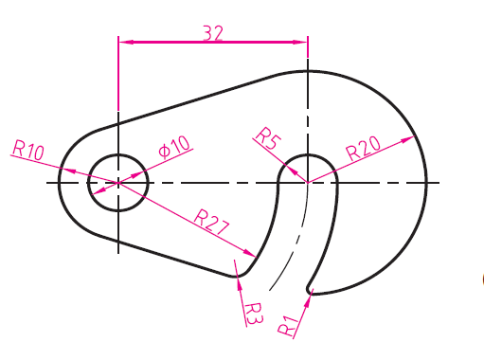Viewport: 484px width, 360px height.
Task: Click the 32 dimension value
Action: tap(213, 33)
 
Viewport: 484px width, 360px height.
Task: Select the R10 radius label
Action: tap(28, 151)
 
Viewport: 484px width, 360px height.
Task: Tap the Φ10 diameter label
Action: tap(174, 147)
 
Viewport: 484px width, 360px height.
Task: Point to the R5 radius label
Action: tap(268, 138)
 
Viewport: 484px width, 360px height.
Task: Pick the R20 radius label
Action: tap(363, 148)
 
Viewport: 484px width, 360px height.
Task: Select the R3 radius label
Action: tap(254, 314)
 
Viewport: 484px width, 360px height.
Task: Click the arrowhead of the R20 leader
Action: tap(407, 139)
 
